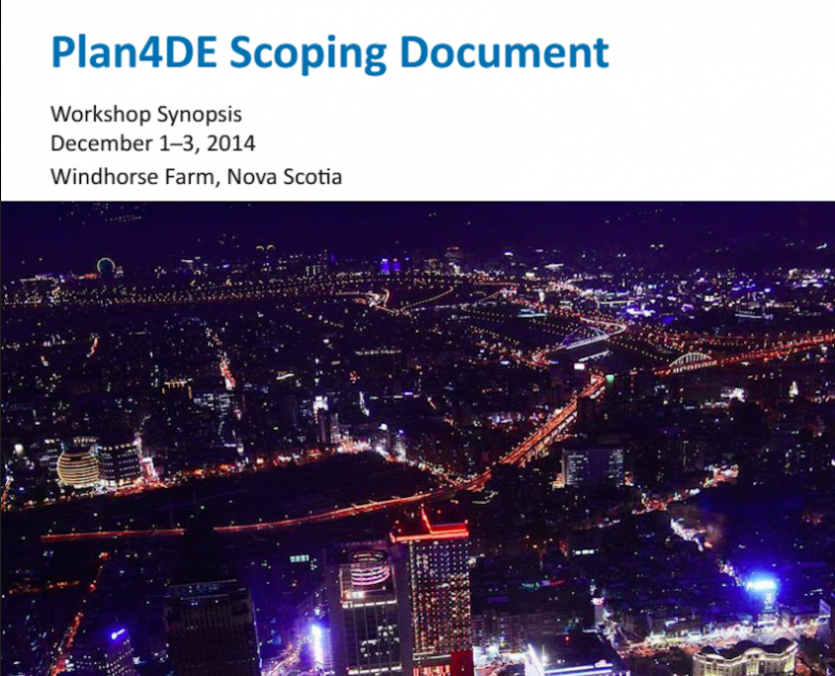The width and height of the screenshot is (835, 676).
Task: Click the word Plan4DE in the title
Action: pyautogui.click(x=133, y=52)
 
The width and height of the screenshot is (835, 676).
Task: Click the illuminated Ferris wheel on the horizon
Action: pyautogui.click(x=106, y=266)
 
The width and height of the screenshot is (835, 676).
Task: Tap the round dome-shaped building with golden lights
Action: pyautogui.click(x=78, y=466)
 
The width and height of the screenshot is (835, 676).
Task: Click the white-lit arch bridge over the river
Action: pyautogui.click(x=691, y=363)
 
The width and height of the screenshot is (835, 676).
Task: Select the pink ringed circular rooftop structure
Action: pyautogui.click(x=369, y=567)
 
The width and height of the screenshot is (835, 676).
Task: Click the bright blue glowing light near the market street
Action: pyautogui.click(x=762, y=584)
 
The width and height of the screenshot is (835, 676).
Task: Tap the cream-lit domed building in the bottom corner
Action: pyautogui.click(x=745, y=659)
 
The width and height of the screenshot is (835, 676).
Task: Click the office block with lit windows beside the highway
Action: pyautogui.click(x=593, y=466)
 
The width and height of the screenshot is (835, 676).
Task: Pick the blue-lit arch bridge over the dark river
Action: pyautogui.click(x=583, y=338)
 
